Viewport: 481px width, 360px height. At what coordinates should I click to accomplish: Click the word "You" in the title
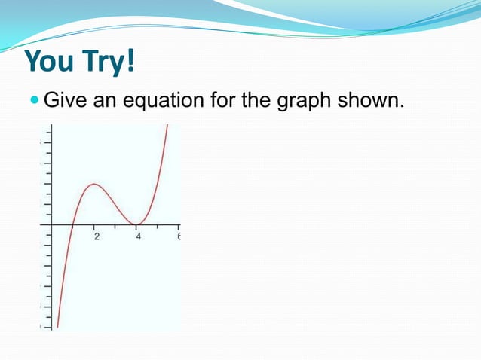(52, 62)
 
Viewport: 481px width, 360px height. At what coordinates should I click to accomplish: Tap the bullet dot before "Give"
(35, 99)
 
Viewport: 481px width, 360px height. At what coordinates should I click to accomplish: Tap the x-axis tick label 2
(96, 237)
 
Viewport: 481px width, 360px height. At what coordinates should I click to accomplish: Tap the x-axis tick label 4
(138, 237)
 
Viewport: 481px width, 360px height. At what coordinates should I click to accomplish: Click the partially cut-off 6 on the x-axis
(179, 237)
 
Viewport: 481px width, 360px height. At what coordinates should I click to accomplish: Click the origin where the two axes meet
(51, 224)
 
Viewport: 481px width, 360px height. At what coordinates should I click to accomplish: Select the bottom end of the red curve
(57, 327)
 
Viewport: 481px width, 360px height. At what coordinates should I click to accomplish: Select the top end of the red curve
(167, 126)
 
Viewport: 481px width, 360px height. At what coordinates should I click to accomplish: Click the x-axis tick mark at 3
(115, 224)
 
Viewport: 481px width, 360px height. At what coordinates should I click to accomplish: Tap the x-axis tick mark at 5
(158, 224)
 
